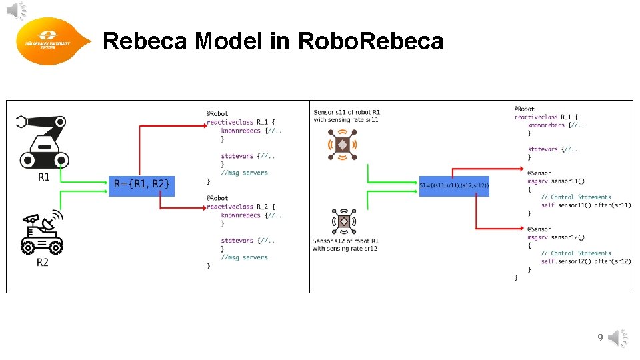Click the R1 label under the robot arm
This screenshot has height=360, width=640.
point(43,177)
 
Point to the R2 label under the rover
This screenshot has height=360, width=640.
point(43,263)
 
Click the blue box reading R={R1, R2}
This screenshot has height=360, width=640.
point(141,184)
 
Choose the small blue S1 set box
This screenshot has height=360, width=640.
point(454,185)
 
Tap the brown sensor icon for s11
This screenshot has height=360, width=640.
point(343,145)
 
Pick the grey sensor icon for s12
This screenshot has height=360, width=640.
point(344,222)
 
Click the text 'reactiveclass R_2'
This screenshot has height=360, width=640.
point(241,207)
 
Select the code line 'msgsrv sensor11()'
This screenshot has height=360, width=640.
point(556,181)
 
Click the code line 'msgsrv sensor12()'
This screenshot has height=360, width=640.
point(556,237)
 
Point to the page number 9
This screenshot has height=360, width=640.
point(600,339)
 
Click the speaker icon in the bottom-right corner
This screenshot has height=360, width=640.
point(618,339)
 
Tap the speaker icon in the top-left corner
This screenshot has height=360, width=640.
point(18,11)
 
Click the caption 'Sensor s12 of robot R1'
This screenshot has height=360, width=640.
point(345,241)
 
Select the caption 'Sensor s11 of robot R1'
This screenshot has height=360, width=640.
point(346,112)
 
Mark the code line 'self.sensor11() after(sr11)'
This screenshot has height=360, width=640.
point(585,205)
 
